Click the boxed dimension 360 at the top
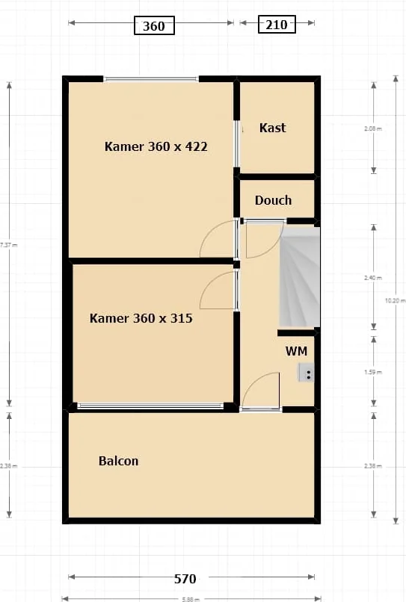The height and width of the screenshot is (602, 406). (153, 25)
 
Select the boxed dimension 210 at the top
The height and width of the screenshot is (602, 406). (276, 25)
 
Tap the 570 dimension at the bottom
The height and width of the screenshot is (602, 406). (185, 578)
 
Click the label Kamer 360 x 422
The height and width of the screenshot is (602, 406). (156, 146)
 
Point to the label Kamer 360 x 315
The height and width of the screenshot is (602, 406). (141, 318)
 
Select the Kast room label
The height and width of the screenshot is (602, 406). (272, 128)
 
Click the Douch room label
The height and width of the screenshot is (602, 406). (273, 200)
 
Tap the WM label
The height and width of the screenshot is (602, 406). (296, 350)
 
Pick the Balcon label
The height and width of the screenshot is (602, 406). (118, 461)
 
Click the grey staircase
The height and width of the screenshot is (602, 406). (299, 276)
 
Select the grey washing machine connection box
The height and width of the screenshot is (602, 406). (307, 372)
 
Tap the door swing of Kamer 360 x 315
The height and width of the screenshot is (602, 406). (218, 290)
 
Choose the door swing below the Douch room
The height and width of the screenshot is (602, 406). (262, 239)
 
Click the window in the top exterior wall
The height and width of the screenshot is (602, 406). (151, 78)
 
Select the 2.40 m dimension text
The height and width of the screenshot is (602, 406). (372, 277)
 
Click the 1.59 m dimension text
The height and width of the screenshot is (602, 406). (372, 372)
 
